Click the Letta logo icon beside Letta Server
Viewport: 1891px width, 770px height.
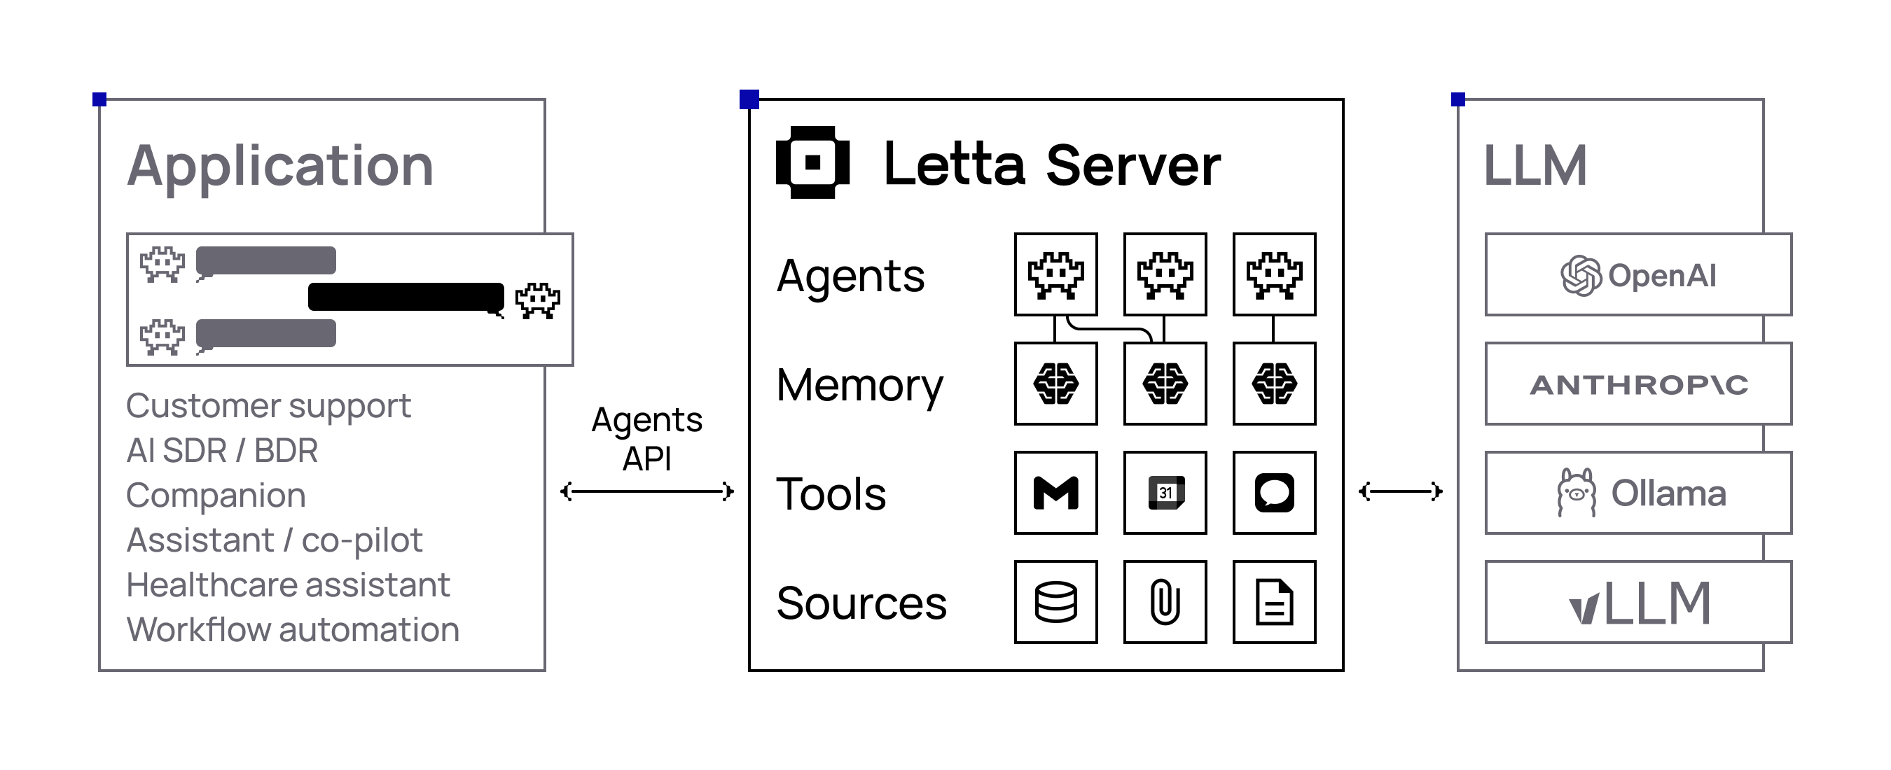click(812, 162)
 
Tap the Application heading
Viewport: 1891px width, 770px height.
click(280, 166)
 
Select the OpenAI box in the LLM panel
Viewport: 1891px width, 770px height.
click(1637, 274)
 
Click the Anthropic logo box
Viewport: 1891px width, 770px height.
click(1637, 384)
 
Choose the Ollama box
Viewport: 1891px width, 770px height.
click(1637, 493)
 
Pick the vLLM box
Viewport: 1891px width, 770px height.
click(1637, 602)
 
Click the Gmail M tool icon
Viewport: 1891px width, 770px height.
click(1055, 493)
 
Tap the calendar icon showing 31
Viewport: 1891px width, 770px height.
click(1165, 493)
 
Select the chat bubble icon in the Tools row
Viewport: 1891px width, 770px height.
click(1274, 493)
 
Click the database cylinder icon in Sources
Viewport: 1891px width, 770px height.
click(1055, 602)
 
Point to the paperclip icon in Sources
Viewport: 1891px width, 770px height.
click(1165, 602)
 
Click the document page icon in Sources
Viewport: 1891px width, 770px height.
click(1274, 602)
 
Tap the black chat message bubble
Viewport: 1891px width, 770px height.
click(406, 297)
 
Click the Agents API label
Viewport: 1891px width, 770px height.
click(646, 439)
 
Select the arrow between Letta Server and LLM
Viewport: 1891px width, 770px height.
click(1400, 491)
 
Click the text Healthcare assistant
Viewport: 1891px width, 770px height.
click(288, 585)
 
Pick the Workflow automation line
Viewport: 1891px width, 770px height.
click(293, 630)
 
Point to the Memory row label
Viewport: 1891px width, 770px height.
click(859, 386)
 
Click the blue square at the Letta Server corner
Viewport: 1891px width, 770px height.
click(749, 99)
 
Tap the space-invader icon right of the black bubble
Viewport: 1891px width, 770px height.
click(537, 300)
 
